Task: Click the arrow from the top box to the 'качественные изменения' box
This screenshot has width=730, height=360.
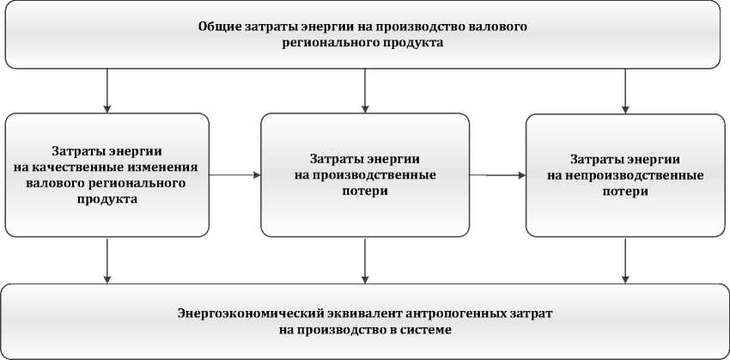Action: tap(107, 90)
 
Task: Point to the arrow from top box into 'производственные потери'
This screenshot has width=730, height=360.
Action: tap(366, 90)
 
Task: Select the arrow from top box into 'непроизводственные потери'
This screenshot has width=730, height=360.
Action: tap(625, 90)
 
